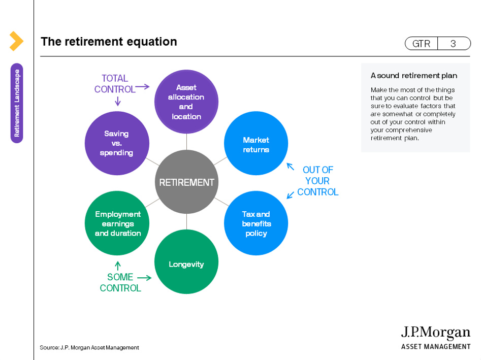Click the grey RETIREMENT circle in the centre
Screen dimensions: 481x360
pos(186,182)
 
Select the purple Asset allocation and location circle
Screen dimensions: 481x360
pos(186,102)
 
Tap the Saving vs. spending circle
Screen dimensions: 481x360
pos(116,143)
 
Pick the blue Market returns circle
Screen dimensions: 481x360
pos(256,144)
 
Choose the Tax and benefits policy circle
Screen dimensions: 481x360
pos(256,224)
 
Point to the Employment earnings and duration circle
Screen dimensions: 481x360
pos(117,223)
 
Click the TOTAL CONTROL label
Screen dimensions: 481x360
pos(115,84)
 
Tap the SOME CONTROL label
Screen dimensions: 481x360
pos(120,282)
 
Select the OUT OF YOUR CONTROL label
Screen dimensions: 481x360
pos(317,181)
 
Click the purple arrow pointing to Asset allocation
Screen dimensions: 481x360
pos(143,87)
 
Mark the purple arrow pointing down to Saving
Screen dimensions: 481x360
pos(118,101)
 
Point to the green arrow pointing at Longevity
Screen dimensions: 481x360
pos(144,278)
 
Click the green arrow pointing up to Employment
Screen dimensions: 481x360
pos(118,265)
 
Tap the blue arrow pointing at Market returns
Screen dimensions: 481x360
pos(290,166)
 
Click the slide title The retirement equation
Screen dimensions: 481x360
pos(109,42)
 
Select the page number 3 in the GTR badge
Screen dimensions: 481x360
pos(453,44)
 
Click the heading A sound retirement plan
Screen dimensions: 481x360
pos(413,76)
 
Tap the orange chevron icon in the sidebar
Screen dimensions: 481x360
pos(16,41)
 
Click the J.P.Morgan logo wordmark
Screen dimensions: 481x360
pos(436,333)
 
